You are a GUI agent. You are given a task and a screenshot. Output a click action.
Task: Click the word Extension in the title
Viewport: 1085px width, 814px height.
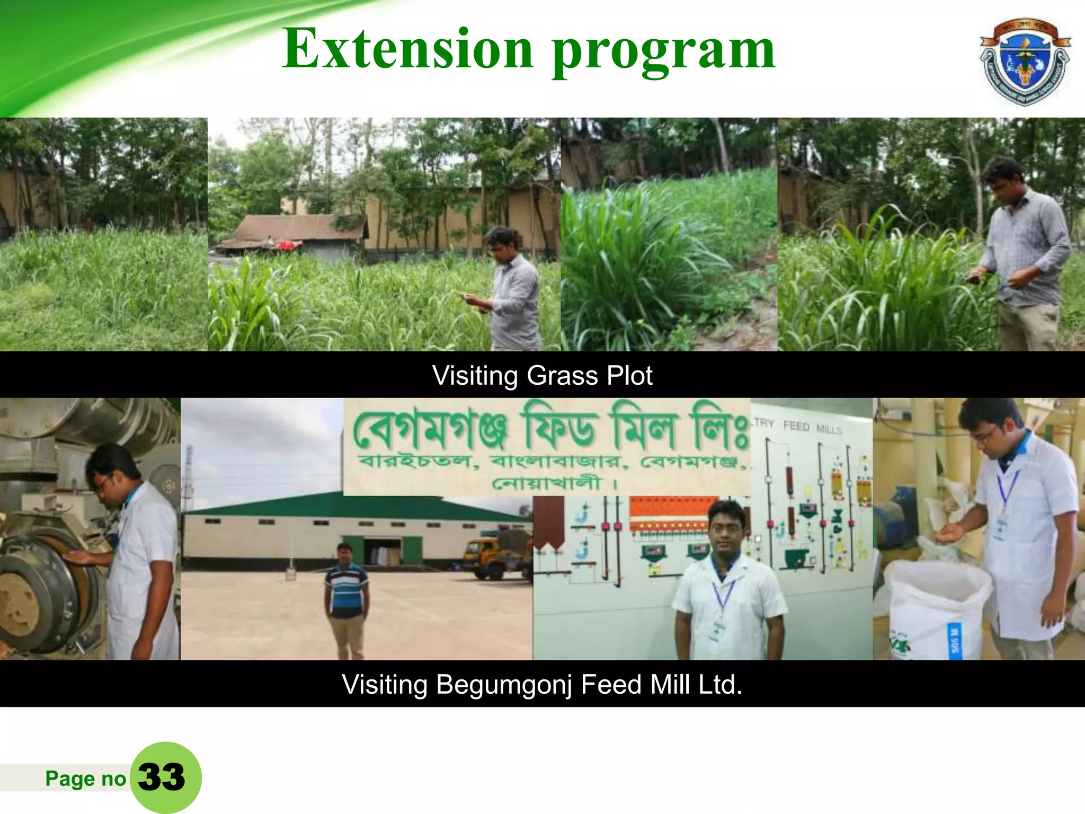tap(407, 49)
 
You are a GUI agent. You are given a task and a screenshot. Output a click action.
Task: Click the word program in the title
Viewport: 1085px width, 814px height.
tap(663, 52)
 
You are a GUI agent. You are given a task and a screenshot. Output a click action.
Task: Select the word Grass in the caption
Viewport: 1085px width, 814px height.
tap(562, 376)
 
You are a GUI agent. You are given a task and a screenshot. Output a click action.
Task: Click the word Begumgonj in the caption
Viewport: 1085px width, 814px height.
tap(504, 685)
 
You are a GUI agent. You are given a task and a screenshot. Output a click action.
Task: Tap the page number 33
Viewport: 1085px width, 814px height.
tap(162, 777)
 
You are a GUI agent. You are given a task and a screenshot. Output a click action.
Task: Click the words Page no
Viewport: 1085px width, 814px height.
tap(85, 778)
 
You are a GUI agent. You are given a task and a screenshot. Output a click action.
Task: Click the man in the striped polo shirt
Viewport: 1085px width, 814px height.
tap(346, 601)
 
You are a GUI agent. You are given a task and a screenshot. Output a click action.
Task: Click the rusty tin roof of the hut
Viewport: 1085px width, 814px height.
tap(297, 228)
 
